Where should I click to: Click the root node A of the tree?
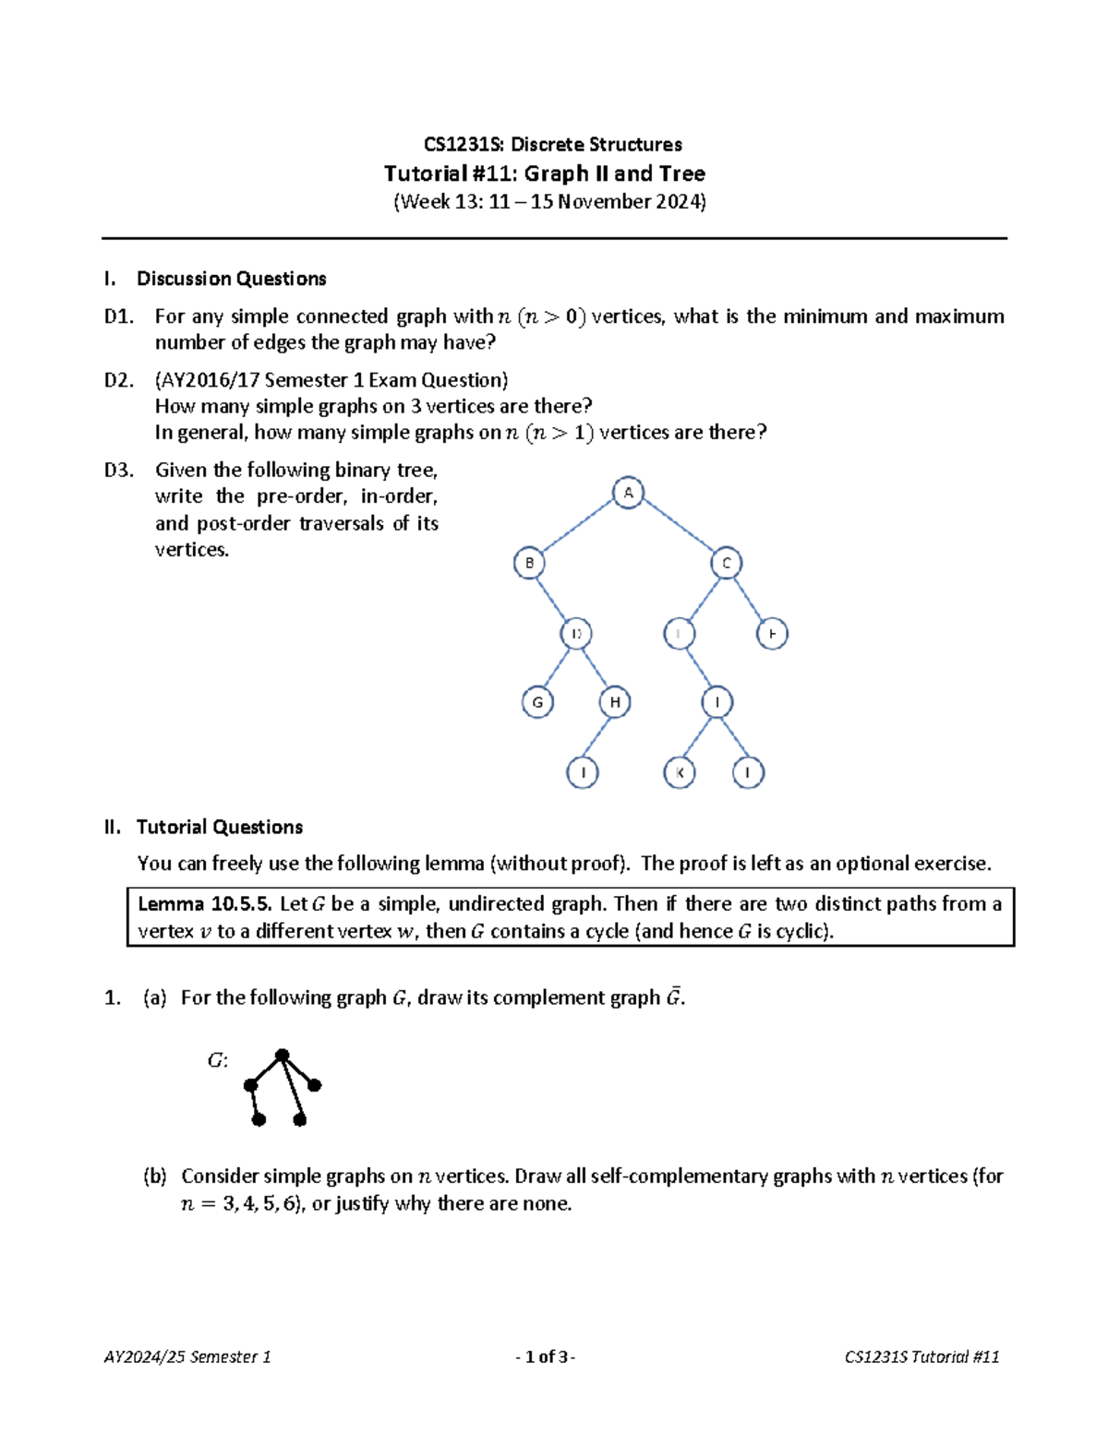coord(628,493)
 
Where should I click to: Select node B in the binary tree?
coord(529,563)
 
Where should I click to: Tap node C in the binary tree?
coord(727,563)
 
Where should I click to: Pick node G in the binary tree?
coord(537,702)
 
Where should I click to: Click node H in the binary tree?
coord(615,702)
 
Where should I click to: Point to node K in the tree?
coord(680,772)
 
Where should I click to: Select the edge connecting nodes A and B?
coord(578,528)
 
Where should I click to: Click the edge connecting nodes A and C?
coord(677,528)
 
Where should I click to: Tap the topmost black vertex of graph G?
coord(283,1055)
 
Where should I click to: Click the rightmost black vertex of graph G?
coord(315,1085)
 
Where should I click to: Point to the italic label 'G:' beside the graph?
coord(217,1060)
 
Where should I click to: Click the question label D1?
coord(119,316)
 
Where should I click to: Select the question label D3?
coord(119,470)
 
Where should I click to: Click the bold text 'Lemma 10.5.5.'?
coord(204,903)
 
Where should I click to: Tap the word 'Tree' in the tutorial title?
coord(682,173)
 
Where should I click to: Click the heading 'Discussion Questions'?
coord(231,279)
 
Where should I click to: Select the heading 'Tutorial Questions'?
coord(219,827)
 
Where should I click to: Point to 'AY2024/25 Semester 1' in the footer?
coord(187,1356)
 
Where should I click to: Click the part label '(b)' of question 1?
coord(154,1176)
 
